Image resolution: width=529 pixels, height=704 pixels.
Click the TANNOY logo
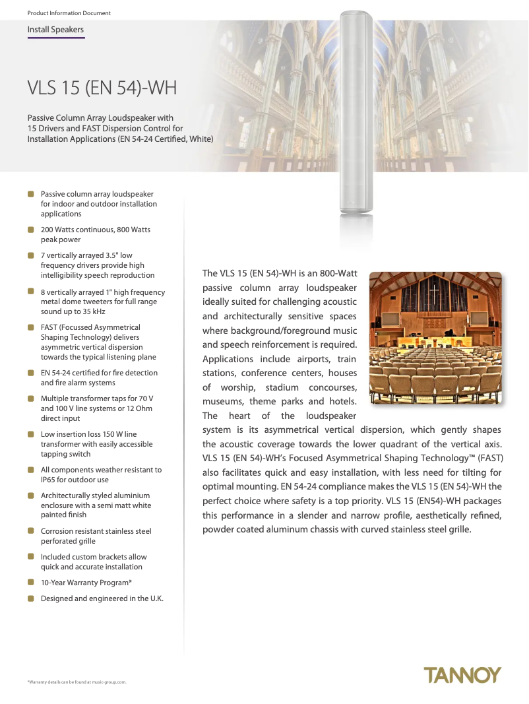[x=462, y=675]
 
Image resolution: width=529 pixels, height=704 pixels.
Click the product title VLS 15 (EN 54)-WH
[x=102, y=88]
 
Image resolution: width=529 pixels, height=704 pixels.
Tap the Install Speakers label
[x=55, y=30]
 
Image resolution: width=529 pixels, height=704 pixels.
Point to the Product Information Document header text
[x=69, y=13]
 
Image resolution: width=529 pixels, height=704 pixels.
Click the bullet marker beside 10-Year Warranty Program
[x=31, y=583]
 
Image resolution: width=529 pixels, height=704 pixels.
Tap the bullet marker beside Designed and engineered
[x=31, y=598]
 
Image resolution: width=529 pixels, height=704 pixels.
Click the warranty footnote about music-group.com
[x=77, y=682]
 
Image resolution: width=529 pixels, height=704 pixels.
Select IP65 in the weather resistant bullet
[x=50, y=480]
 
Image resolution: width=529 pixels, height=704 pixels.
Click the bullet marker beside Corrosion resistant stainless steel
[x=31, y=530]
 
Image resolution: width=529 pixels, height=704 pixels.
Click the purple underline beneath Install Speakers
[x=56, y=38]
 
